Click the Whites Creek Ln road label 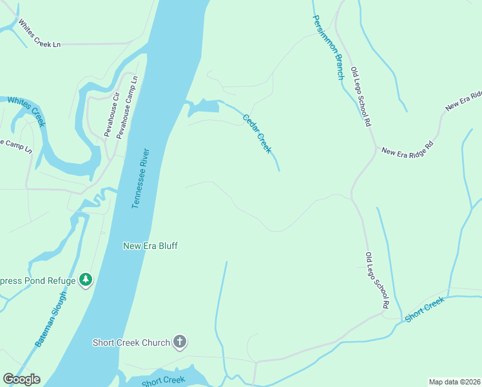click(39, 34)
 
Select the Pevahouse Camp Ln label click(125, 106)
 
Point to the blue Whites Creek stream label click(26, 111)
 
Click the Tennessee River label click(140, 179)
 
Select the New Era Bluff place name click(150, 246)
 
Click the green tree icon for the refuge click(85, 280)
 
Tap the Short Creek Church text click(131, 342)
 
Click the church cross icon click(180, 342)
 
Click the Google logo click(21, 379)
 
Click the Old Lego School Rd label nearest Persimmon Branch click(360, 95)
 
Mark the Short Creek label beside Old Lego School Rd click(425, 310)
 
